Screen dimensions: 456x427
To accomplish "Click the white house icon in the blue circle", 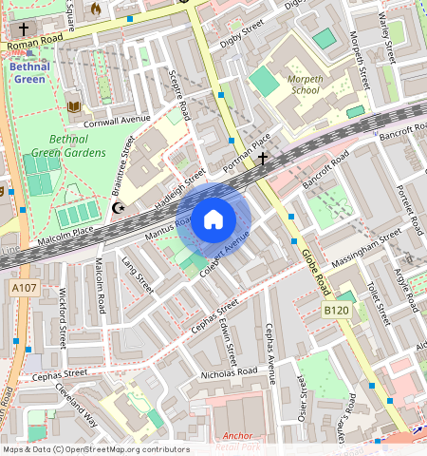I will [213, 220].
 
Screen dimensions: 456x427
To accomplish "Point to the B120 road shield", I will [335, 311].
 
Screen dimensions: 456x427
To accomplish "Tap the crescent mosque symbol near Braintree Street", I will [119, 207].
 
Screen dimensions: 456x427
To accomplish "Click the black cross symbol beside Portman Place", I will [263, 160].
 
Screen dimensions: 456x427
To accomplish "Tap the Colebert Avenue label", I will [224, 254].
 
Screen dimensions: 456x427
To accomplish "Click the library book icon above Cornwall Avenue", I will [74, 106].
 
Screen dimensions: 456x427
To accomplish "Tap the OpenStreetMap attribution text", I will [95, 449].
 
